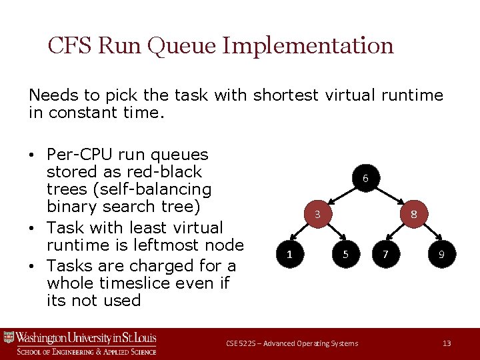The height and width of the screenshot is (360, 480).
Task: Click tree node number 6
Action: coord(365,178)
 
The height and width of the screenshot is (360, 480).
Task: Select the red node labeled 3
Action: coord(318,214)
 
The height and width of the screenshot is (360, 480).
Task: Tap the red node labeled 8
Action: coord(414,214)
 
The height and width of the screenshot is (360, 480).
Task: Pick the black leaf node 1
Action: coord(288,254)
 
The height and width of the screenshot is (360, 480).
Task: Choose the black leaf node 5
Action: coord(345,254)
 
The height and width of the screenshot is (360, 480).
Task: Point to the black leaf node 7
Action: coord(384,254)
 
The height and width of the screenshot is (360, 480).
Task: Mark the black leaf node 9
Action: coord(441,254)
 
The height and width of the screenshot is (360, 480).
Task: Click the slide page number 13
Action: coord(447,343)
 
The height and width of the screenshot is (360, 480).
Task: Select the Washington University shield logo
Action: coord(9,337)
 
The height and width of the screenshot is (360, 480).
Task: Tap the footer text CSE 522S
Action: coord(242,343)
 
